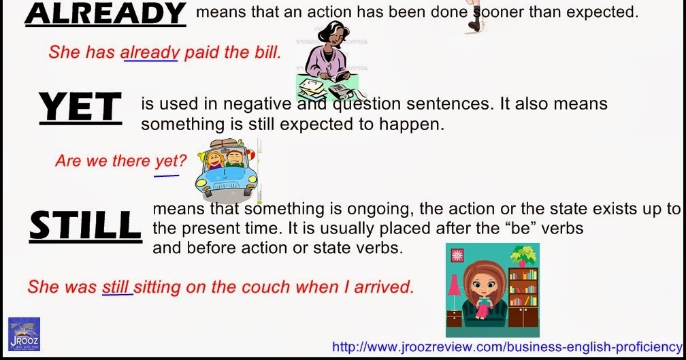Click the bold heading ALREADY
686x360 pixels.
[x=105, y=14]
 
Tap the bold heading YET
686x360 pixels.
[x=80, y=106]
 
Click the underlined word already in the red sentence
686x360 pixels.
[x=150, y=52]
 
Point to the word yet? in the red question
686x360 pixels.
[x=171, y=161]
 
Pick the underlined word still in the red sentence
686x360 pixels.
[x=116, y=287]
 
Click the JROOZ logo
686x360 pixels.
[x=24, y=334]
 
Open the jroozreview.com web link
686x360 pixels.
[x=506, y=347]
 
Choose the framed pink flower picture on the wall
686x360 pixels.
[x=457, y=255]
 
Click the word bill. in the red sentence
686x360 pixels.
[x=267, y=52]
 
